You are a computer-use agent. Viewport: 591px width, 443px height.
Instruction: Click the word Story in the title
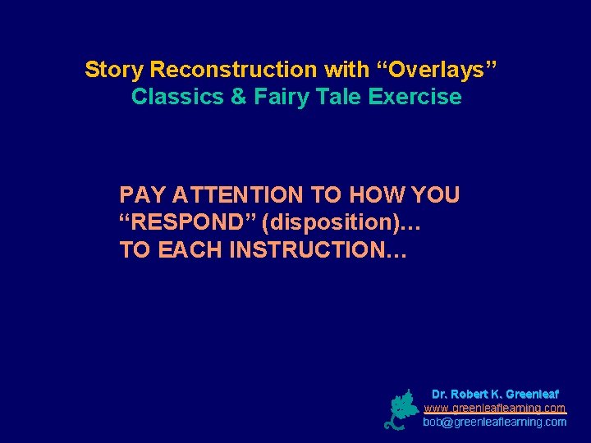tap(115, 70)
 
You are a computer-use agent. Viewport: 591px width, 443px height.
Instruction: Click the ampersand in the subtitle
tap(239, 97)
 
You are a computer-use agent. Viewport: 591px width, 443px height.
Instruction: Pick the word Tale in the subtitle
tap(338, 97)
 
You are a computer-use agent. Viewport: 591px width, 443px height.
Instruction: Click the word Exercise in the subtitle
tap(415, 97)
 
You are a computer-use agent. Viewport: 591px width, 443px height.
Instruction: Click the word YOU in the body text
tap(435, 195)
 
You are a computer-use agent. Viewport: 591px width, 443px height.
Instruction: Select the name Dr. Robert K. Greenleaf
tap(495, 395)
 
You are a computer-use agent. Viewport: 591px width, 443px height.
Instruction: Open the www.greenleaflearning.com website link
tap(495, 408)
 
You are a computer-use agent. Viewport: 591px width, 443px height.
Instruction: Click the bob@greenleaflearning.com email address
tap(495, 422)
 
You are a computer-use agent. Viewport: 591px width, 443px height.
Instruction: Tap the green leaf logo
tap(401, 409)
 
